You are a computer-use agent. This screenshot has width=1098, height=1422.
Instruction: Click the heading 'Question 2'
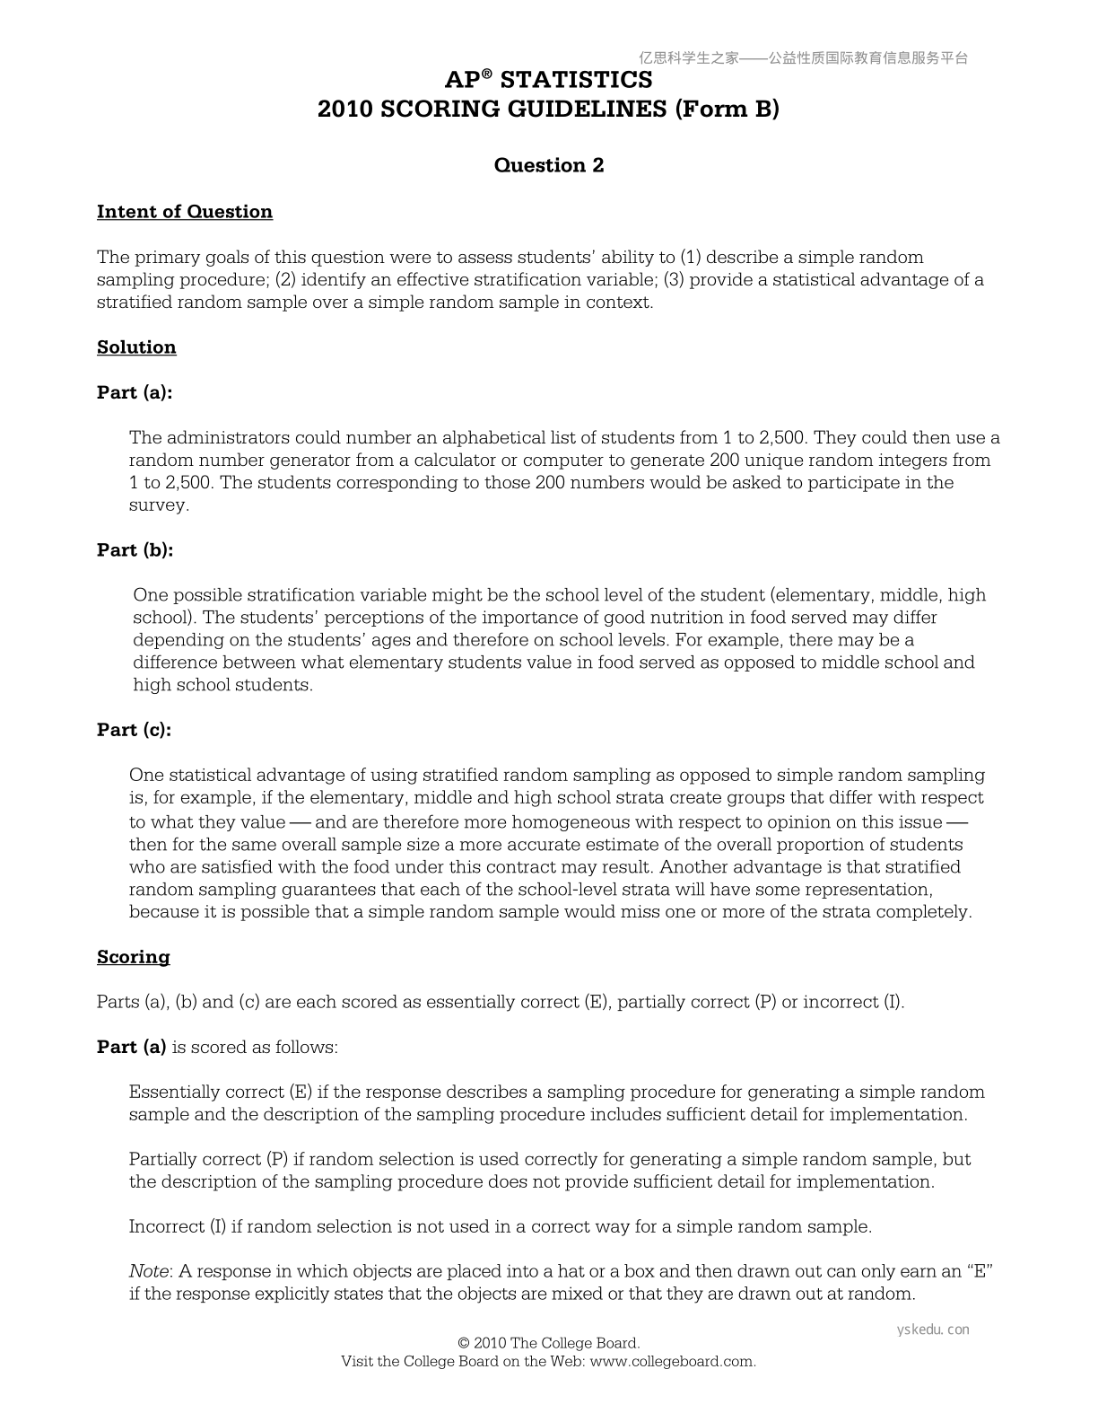tap(549, 165)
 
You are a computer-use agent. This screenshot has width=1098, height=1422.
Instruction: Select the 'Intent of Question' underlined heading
tap(185, 212)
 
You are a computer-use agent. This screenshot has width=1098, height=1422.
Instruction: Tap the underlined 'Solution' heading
tap(136, 347)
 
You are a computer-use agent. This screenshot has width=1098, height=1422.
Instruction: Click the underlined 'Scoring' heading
tap(133, 957)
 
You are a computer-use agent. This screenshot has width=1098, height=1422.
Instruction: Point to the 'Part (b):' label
tap(135, 550)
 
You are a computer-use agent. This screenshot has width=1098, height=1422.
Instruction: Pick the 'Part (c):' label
tap(134, 730)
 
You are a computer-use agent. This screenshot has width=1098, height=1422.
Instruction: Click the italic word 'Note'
tap(149, 1271)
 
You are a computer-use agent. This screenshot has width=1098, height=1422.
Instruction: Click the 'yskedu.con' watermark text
tap(933, 1330)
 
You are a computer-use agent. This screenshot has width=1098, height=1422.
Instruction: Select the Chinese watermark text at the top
tap(804, 58)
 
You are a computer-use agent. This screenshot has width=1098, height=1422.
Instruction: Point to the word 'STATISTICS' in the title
tap(576, 80)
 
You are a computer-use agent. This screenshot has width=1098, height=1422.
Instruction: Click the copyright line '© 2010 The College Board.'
tap(548, 1343)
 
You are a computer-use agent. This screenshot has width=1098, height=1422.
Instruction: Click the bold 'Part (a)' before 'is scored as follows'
tap(131, 1047)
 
